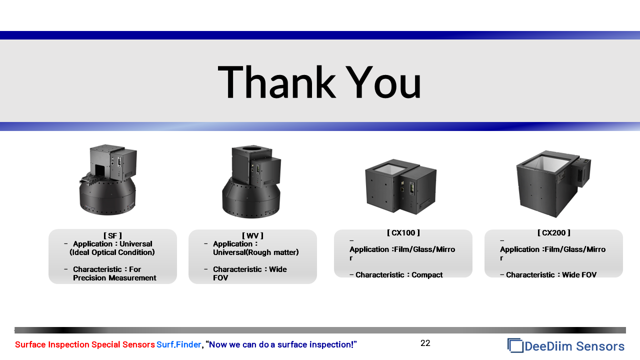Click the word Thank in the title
tap(276, 82)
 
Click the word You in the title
tap(383, 82)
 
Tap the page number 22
tap(425, 343)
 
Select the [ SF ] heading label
tap(112, 235)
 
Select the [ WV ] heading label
tap(252, 235)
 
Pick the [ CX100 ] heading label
tap(403, 233)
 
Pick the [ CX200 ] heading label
tap(553, 233)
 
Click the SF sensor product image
tap(107, 179)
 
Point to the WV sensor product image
tap(251, 181)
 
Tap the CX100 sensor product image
tap(400, 186)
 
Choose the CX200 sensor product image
tap(553, 183)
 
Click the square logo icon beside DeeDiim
tap(515, 345)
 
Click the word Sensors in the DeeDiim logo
tap(600, 346)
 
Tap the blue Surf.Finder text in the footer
tap(179, 344)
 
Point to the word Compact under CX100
tap(427, 275)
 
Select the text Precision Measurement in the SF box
tap(114, 277)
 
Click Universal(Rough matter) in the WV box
tap(255, 252)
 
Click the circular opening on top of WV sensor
tap(251, 148)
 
